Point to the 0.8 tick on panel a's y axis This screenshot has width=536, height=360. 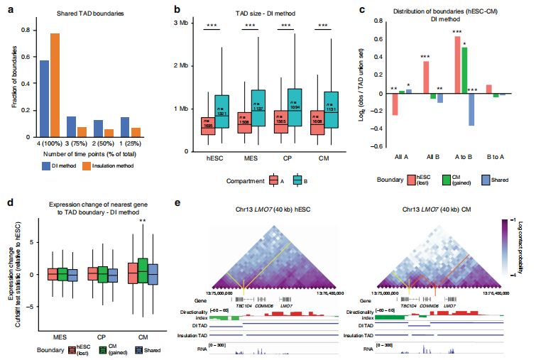click(25, 30)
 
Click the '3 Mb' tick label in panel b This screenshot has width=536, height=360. click(185, 25)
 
